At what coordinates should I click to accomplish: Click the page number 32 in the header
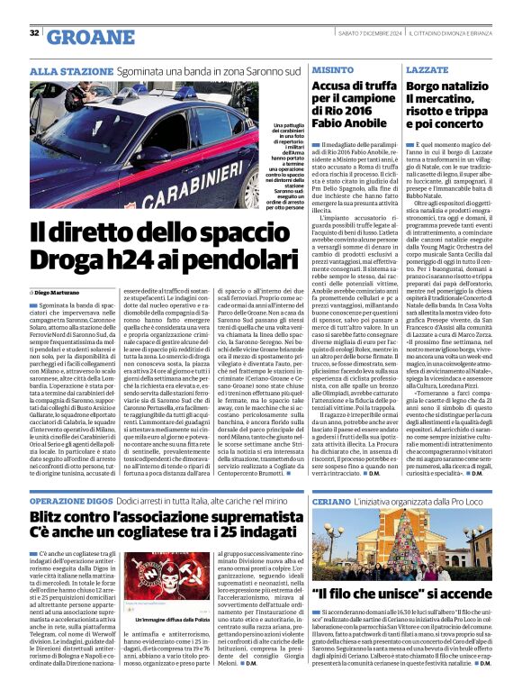click(34, 34)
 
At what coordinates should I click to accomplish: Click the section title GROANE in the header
click(85, 36)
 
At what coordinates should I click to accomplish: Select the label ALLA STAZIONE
click(59, 69)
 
